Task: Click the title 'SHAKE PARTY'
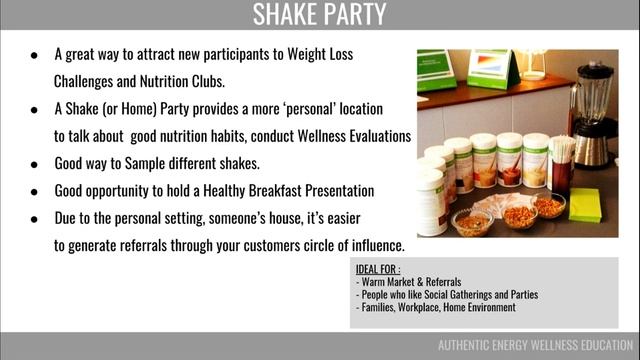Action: coord(319,15)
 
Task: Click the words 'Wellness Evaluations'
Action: coord(352,135)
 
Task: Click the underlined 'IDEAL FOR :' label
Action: coord(378,270)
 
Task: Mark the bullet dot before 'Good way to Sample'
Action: coord(35,163)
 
